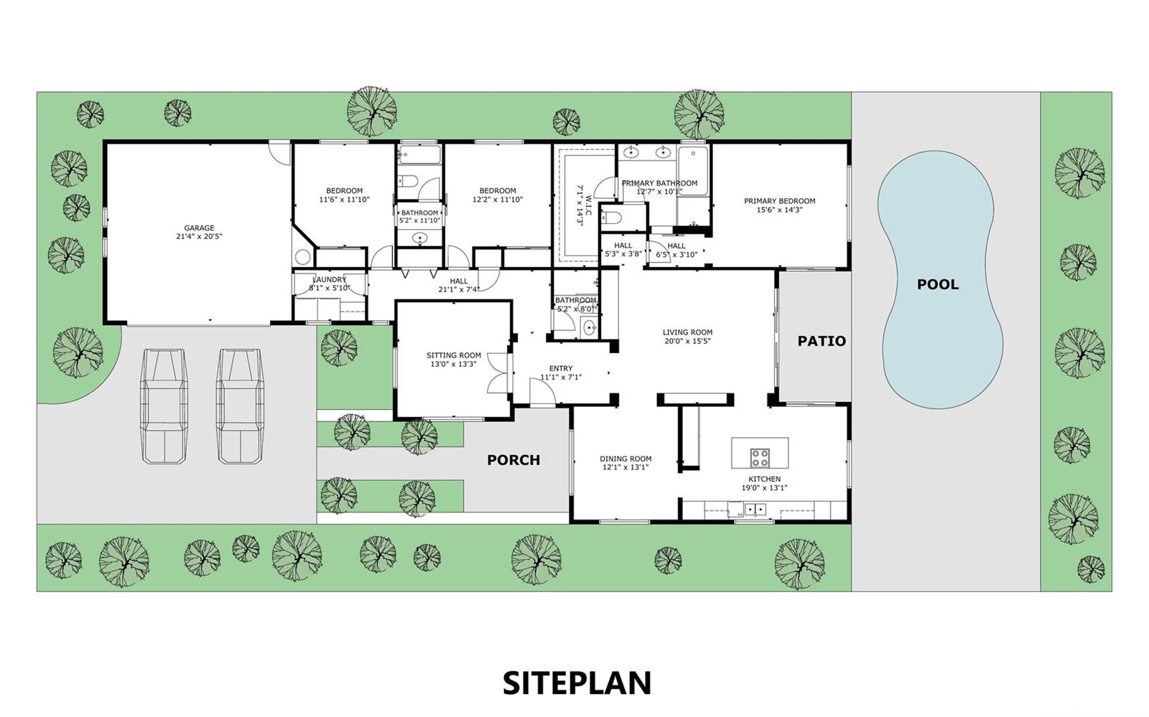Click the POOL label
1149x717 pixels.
click(x=938, y=284)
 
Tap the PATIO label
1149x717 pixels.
click(x=822, y=341)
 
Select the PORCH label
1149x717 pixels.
click(x=513, y=460)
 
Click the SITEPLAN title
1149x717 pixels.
click(x=577, y=683)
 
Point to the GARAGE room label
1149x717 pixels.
click(x=199, y=228)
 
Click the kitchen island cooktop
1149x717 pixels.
click(x=760, y=458)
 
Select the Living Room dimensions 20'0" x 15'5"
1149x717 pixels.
click(x=687, y=341)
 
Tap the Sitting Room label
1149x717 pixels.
click(x=453, y=355)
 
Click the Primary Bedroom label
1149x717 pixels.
click(x=780, y=201)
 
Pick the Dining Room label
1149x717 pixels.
click(x=625, y=459)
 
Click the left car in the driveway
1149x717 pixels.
click(x=164, y=406)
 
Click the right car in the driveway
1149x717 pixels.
click(x=240, y=406)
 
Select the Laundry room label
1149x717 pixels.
click(x=330, y=279)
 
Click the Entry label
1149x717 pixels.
click(x=561, y=368)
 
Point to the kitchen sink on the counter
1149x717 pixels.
click(x=755, y=510)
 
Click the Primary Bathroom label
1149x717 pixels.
click(x=659, y=183)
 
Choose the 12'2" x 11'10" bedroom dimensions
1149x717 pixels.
click(x=498, y=200)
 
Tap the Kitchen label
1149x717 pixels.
click(x=764, y=479)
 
